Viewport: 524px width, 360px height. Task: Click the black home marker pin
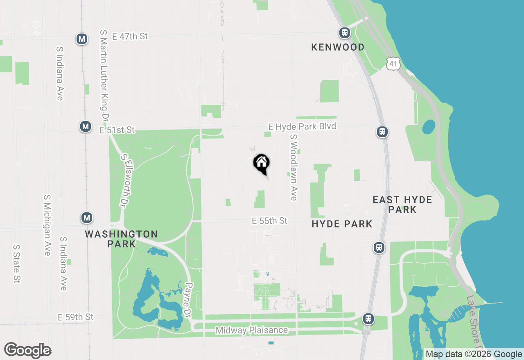(x=262, y=164)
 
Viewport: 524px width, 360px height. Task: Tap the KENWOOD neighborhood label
(x=338, y=47)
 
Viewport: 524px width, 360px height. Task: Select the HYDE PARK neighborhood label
(x=342, y=224)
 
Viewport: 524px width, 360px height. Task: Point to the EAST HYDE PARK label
(x=402, y=205)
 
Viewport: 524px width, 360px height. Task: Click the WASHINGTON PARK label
(x=121, y=239)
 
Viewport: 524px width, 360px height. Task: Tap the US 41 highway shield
(x=393, y=64)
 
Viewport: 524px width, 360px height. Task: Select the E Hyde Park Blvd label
(x=302, y=126)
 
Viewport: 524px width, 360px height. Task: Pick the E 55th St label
(x=270, y=221)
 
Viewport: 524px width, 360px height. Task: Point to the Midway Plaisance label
(x=252, y=330)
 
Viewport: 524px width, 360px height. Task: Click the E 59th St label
(x=76, y=317)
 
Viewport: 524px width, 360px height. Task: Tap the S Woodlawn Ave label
(x=293, y=168)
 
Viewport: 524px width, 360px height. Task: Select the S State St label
(x=16, y=264)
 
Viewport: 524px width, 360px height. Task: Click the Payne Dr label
(x=188, y=301)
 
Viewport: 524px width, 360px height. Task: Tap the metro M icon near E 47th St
(x=82, y=39)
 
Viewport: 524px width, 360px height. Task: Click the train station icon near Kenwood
(x=345, y=32)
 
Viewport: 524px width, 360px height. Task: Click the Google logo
(x=27, y=351)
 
